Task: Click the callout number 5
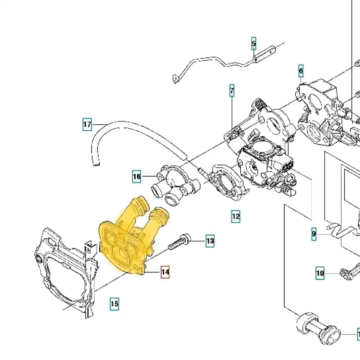254,44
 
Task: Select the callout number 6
301,71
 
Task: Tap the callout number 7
232,91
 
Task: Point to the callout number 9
314,234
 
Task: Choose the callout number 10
320,274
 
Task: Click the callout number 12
236,217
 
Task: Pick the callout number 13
210,241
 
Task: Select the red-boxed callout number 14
165,272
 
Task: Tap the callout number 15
114,304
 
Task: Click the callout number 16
137,176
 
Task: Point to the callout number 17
87,125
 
